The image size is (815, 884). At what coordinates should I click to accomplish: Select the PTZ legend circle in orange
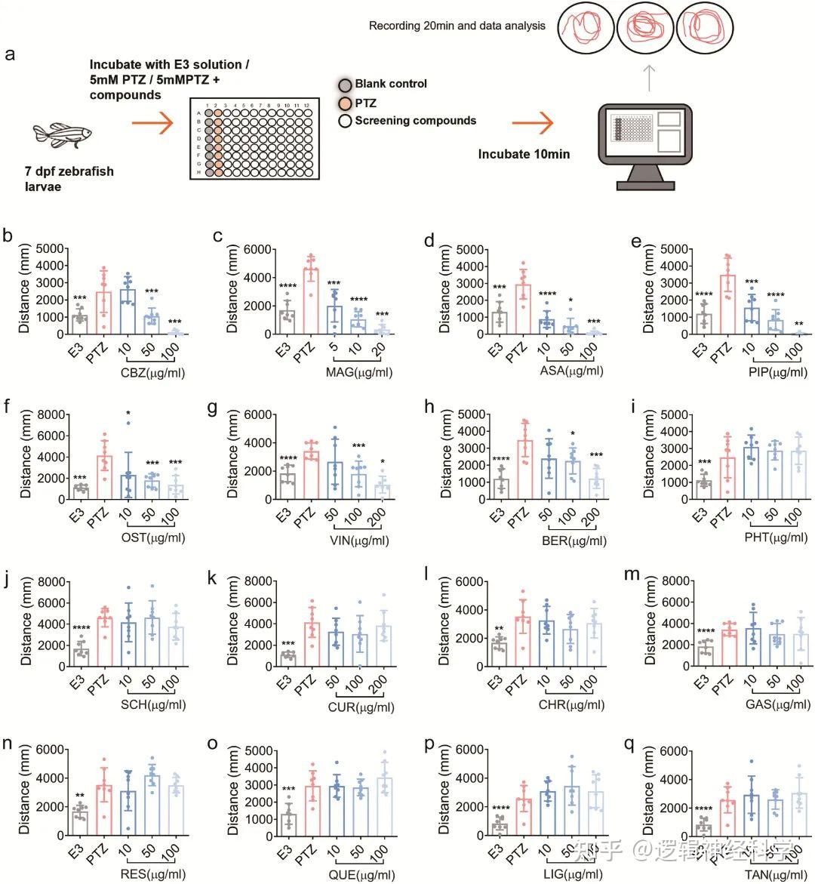tap(345, 103)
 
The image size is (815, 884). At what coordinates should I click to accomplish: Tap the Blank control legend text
tap(391, 84)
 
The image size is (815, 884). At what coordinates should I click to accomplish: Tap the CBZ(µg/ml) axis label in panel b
tap(152, 372)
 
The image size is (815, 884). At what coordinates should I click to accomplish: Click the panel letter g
tap(214, 408)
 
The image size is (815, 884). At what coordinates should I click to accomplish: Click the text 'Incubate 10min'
tap(524, 154)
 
